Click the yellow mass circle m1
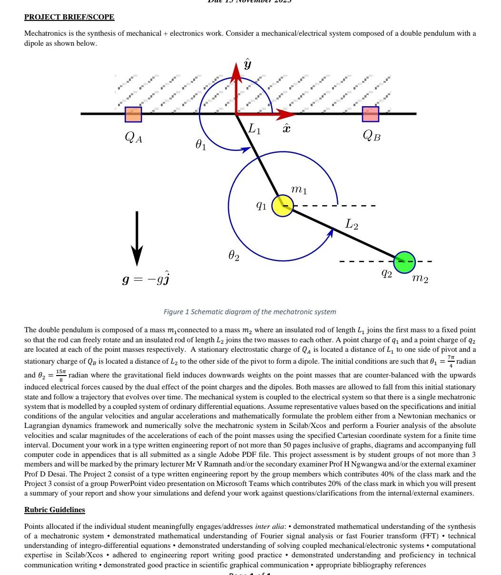tap(283, 206)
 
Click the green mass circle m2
tap(404, 262)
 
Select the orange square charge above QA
tap(133, 114)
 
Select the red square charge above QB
tap(371, 114)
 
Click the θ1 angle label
tap(201, 144)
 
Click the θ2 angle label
tap(234, 256)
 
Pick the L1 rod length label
tap(255, 129)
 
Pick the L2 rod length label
tap(352, 224)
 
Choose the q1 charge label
tap(261, 205)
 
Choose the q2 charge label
tap(387, 273)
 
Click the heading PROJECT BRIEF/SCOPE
tap(69, 17)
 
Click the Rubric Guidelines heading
tap(55, 510)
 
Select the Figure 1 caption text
tap(250, 312)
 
